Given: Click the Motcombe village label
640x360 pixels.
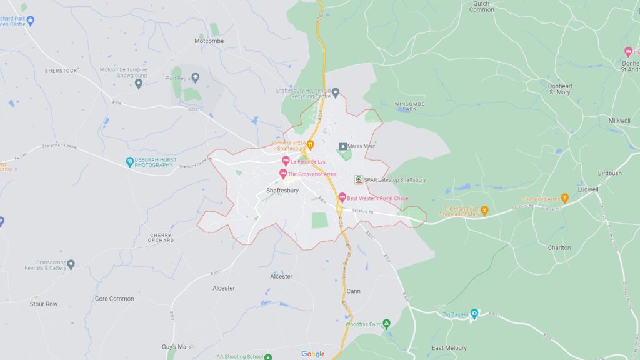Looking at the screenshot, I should pyautogui.click(x=209, y=41).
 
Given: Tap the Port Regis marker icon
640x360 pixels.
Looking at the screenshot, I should pyautogui.click(x=196, y=77).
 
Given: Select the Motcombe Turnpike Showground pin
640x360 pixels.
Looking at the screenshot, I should pyautogui.click(x=139, y=83).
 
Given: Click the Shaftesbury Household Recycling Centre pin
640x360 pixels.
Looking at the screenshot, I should pyautogui.click(x=335, y=93).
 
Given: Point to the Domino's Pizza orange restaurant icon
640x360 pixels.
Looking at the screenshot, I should pyautogui.click(x=309, y=146).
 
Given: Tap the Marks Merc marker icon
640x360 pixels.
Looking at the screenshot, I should pyautogui.click(x=342, y=146).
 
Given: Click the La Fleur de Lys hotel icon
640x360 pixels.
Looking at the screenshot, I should pyautogui.click(x=286, y=161).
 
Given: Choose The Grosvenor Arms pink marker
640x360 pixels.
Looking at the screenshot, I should pyautogui.click(x=282, y=174).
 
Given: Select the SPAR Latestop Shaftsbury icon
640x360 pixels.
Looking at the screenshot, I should pyautogui.click(x=359, y=180).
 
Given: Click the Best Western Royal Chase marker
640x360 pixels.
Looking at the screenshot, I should pyautogui.click(x=342, y=198).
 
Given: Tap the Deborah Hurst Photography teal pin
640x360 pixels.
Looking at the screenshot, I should pyautogui.click(x=130, y=162).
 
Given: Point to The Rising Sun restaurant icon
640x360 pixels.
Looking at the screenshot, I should pyautogui.click(x=484, y=209).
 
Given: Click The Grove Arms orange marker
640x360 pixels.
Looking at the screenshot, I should pyautogui.click(x=564, y=199).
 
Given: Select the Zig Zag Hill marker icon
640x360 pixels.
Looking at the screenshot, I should pyautogui.click(x=474, y=314).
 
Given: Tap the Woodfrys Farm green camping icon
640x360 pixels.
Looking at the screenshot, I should pyautogui.click(x=386, y=323).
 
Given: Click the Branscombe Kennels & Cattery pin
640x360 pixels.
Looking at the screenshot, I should pyautogui.click(x=71, y=264).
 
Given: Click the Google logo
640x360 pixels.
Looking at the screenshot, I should pyautogui.click(x=313, y=354).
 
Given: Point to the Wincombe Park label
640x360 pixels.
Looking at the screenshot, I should pyautogui.click(x=409, y=106).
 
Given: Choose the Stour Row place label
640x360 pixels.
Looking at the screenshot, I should pyautogui.click(x=44, y=304).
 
